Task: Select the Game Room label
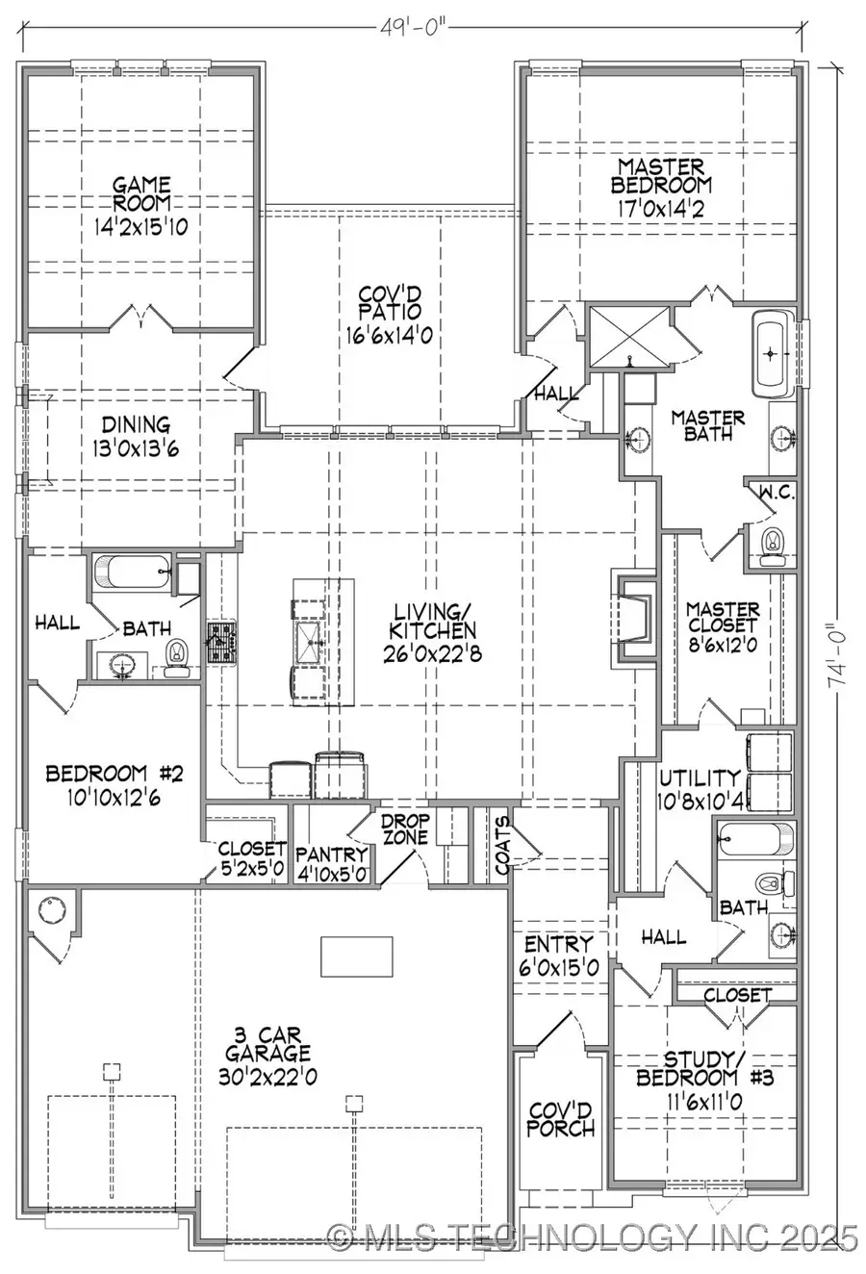click(141, 193)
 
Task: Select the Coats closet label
click(502, 848)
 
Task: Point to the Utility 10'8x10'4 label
click(700, 786)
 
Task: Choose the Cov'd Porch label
click(560, 1118)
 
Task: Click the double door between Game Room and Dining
click(141, 318)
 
